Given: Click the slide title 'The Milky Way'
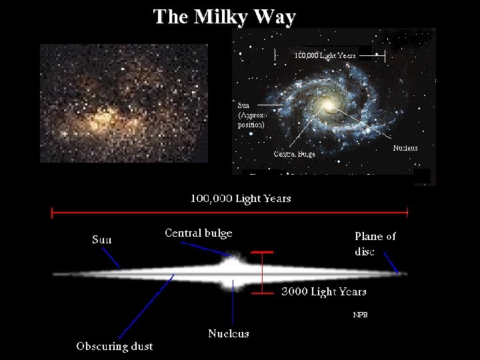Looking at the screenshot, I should [x=224, y=17].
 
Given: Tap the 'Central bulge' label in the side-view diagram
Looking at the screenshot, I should [x=199, y=233].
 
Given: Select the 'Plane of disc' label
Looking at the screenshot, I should [x=375, y=243].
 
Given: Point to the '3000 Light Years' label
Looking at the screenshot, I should [x=324, y=292].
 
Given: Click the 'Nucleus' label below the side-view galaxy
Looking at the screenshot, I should [x=229, y=333].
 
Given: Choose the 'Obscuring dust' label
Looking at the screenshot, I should [x=115, y=346].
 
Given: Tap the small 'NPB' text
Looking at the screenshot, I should [x=360, y=315].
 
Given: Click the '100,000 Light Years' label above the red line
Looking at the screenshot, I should [x=241, y=198].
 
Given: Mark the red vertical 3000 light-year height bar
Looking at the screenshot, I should [x=263, y=272].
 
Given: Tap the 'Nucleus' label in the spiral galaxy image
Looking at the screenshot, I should [x=405, y=147].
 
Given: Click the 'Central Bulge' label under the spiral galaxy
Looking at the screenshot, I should [x=295, y=154].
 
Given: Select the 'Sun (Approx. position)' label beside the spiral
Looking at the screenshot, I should [x=251, y=115].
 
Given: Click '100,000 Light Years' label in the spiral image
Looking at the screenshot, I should [x=325, y=55].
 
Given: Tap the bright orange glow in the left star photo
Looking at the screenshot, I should [x=103, y=120].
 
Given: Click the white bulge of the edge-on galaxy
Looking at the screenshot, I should [x=233, y=270].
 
